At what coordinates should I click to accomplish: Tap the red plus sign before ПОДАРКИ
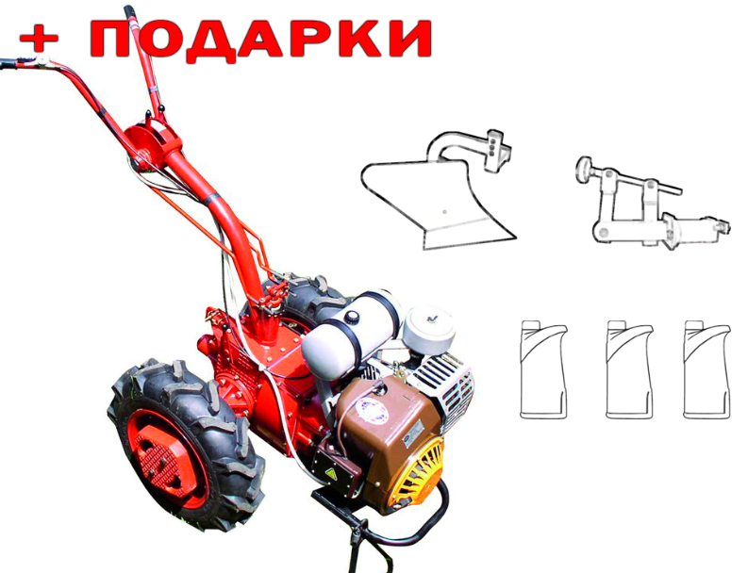point(39,37)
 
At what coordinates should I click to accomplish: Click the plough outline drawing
point(437,189)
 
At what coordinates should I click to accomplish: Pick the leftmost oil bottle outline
point(543,370)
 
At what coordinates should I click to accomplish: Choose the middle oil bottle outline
point(629,370)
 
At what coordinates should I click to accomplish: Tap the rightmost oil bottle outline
point(706,370)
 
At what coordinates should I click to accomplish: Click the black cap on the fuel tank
point(352,316)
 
